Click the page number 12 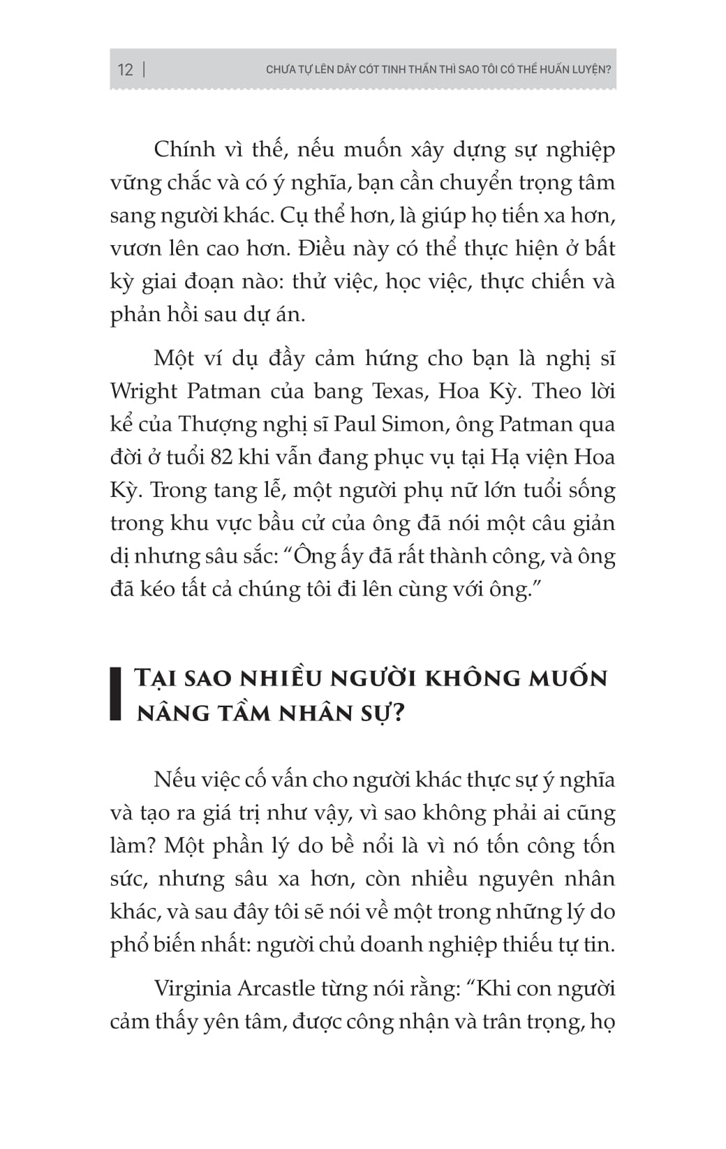125,70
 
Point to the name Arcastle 276,989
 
